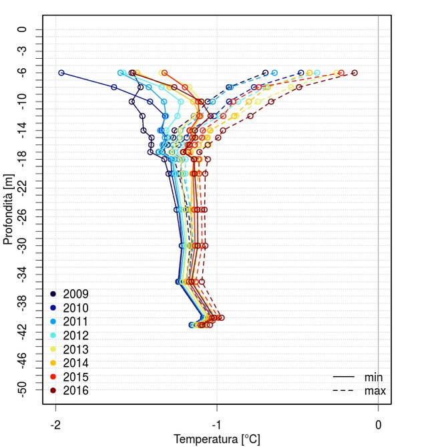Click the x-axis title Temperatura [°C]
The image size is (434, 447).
[x=217, y=439]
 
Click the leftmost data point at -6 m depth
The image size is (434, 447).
[x=61, y=73]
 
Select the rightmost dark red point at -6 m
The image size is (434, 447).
[x=355, y=73]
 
